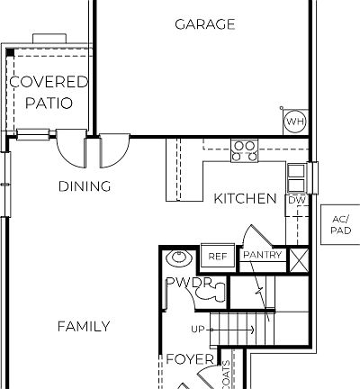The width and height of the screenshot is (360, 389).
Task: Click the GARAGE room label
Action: pos(204,24)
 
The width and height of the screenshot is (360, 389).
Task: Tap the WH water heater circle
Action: pos(294,122)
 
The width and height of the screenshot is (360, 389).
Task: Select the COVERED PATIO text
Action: pos(49,92)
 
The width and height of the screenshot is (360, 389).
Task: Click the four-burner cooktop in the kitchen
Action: pos(244,149)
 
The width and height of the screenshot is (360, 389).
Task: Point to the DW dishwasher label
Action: pos(295,201)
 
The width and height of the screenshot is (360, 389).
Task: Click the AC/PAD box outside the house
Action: pos(340,224)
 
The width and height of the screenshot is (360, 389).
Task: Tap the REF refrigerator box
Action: pos(217,257)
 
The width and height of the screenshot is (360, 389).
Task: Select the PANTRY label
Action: pos(263,256)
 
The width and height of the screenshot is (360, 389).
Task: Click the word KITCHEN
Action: pos(245,198)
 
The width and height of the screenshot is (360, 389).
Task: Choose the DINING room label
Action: pos(85,187)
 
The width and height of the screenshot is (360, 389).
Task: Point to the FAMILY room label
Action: pos(84,326)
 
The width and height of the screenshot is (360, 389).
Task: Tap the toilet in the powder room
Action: pos(203,293)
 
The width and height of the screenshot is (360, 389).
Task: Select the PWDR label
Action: pos(187,283)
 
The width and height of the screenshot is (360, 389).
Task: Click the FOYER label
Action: pos(189,359)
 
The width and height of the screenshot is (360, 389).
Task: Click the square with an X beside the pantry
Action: pos(299,257)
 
